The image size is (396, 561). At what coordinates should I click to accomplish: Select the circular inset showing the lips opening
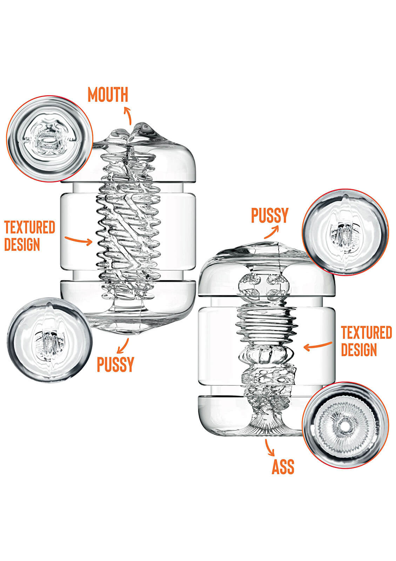pos(49,139)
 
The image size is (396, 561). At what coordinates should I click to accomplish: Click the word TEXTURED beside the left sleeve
pos(29,227)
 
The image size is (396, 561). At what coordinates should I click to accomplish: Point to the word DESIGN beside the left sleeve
pos(22,244)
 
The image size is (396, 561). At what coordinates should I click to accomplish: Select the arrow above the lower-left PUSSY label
pos(123,346)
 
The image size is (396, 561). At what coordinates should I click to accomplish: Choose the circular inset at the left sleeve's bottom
pos(49,340)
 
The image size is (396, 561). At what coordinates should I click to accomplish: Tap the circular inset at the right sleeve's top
pos(345,232)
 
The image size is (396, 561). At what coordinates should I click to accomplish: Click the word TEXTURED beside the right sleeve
pos(366,332)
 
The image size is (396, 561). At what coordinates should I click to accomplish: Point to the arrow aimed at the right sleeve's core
pos(317,346)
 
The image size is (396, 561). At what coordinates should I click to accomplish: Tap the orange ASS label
pos(283,467)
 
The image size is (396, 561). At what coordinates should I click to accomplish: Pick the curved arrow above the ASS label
pos(269,447)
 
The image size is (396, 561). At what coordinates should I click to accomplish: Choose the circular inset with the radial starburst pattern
pos(345,425)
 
